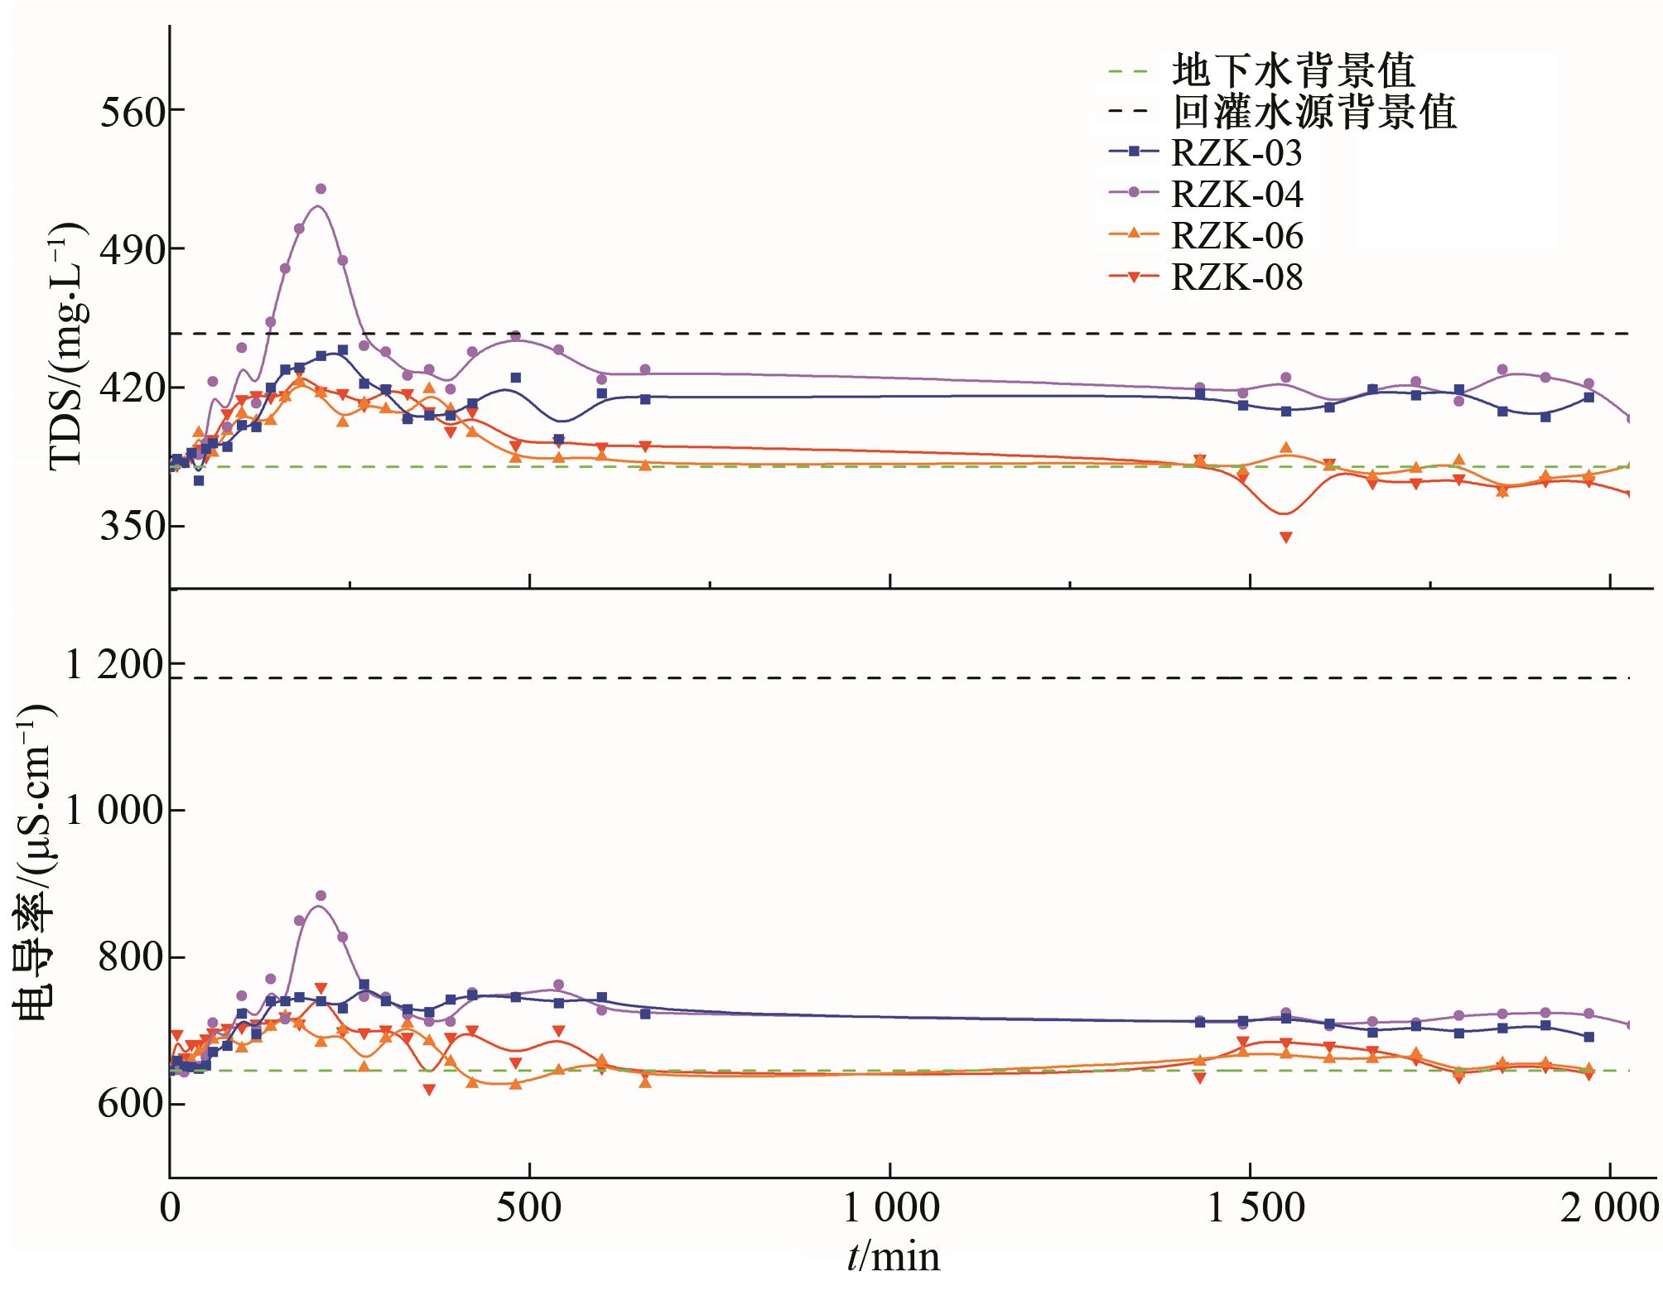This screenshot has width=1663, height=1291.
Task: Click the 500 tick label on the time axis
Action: coord(528,1210)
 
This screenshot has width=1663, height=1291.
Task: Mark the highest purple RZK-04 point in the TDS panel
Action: coord(321,189)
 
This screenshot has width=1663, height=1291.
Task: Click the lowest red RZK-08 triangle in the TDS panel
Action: coord(1285,537)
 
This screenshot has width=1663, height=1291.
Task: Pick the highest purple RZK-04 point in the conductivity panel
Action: coord(321,896)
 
